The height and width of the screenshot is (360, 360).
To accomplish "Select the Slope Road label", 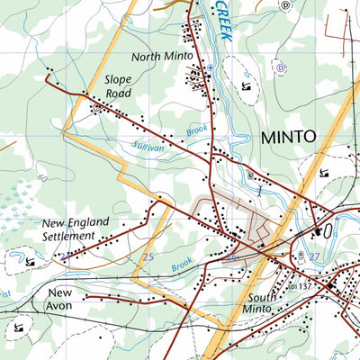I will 118,85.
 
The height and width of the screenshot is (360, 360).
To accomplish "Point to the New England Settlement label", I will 75,229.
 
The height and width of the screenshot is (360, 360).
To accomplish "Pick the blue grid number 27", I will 314,257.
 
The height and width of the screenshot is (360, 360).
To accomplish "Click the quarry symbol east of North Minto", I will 247,86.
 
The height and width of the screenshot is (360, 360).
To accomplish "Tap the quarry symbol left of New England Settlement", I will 31,261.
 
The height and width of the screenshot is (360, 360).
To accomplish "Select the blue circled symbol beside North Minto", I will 210,67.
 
